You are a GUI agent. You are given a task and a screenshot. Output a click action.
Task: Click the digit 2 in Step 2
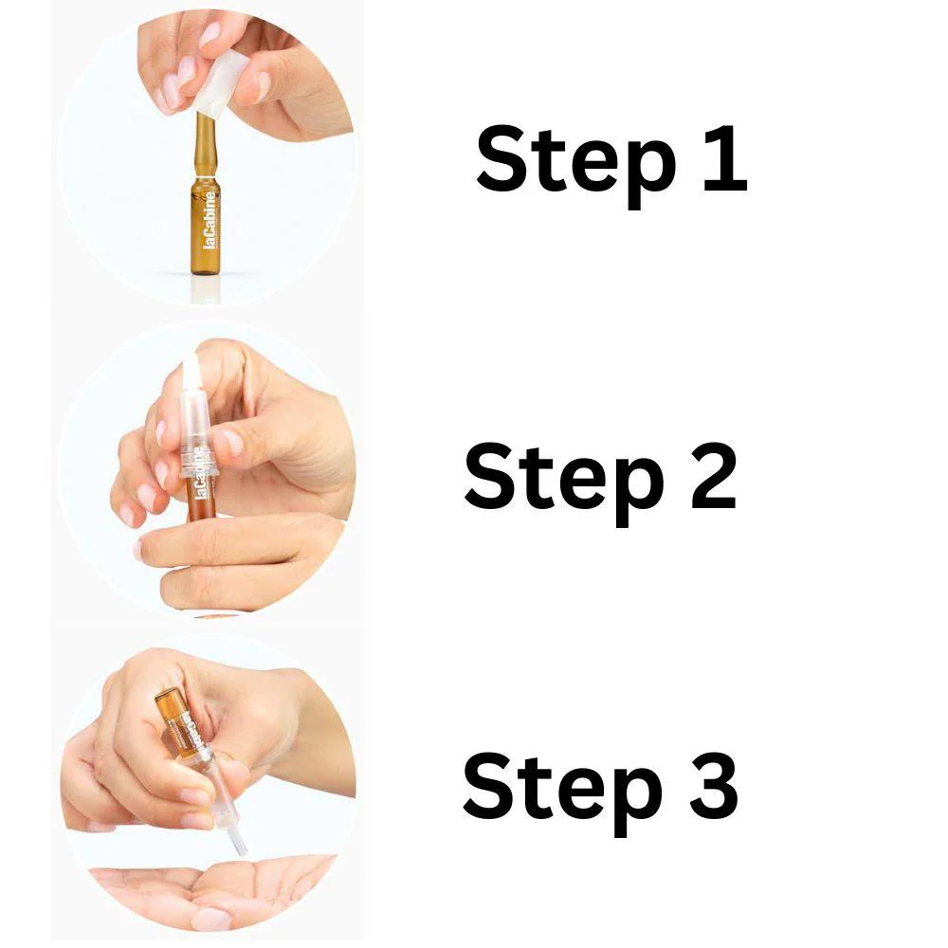714,477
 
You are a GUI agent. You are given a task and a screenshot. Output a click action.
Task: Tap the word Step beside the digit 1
575,166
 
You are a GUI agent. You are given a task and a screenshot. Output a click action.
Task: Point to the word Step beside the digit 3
562,793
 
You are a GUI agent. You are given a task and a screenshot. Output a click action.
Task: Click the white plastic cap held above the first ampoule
222,82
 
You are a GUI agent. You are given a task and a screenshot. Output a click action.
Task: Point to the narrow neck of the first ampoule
201,145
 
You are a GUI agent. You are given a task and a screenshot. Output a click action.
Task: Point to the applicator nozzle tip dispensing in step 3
241,844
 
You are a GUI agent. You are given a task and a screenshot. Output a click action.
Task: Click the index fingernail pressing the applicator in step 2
231,442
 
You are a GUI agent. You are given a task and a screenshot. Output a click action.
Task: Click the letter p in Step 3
635,803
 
